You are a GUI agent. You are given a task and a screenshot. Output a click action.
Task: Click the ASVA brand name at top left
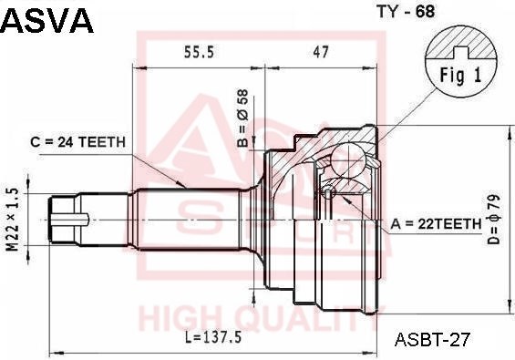pyautogui.click(x=47, y=20)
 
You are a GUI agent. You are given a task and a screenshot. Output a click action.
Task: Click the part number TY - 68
pyautogui.click(x=406, y=12)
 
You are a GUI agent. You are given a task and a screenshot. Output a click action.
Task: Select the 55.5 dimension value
pyautogui.click(x=199, y=52)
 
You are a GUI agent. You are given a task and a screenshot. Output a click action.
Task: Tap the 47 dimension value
pyautogui.click(x=321, y=52)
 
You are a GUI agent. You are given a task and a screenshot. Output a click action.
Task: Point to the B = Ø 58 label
pyautogui.click(x=243, y=118)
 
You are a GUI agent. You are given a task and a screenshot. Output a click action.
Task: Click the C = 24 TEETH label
pyautogui.click(x=77, y=142)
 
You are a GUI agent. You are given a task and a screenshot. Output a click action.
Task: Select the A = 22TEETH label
pyautogui.click(x=436, y=224)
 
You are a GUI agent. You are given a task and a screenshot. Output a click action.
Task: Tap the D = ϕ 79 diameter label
pyautogui.click(x=493, y=220)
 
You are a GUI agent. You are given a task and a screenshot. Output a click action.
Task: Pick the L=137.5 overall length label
pyautogui.click(x=213, y=337)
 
